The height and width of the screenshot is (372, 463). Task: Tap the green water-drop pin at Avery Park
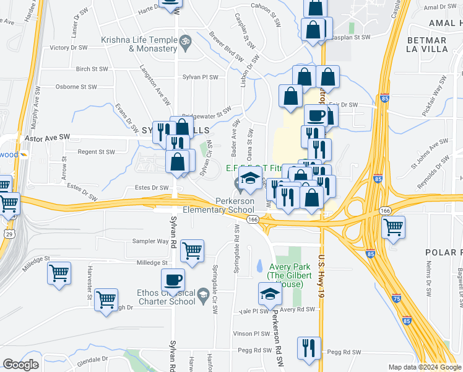click(x=259, y=266)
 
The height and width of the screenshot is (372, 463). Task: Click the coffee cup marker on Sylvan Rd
click(x=173, y=280)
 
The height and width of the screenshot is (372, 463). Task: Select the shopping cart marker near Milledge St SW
click(x=192, y=251)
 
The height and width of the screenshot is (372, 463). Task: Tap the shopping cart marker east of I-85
click(x=394, y=228)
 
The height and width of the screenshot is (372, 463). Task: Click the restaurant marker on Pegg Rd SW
click(x=309, y=347)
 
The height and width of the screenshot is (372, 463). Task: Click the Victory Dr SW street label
click(x=69, y=47)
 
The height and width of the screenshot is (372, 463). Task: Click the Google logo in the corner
click(x=20, y=364)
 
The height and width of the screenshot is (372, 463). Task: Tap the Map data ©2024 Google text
click(x=425, y=367)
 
